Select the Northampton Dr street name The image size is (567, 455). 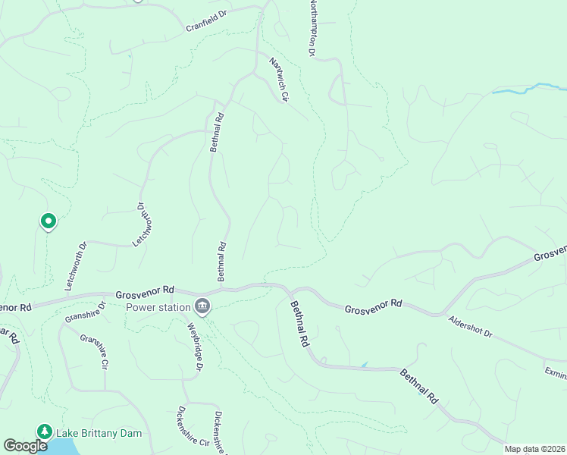pyautogui.click(x=311, y=28)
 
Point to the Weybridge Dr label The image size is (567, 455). pyautogui.click(x=196, y=347)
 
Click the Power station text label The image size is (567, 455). pyautogui.click(x=158, y=307)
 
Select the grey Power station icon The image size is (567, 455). pyautogui.click(x=202, y=306)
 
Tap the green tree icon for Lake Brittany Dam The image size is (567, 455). pyautogui.click(x=44, y=432)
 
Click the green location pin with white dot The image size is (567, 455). pyautogui.click(x=48, y=221)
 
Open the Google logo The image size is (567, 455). pyautogui.click(x=26, y=445)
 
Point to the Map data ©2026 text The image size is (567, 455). pyautogui.click(x=535, y=449)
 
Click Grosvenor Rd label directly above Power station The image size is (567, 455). pyautogui.click(x=146, y=291)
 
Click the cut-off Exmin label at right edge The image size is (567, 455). pyautogui.click(x=555, y=372)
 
